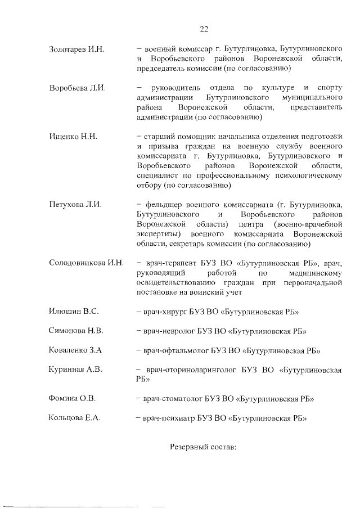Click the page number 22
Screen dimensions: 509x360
204,29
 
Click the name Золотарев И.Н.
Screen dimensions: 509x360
77,50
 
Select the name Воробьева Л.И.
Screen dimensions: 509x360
77,88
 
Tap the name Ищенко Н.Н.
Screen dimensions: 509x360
74,137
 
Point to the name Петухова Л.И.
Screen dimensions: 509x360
75,204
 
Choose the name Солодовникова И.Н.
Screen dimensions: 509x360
86,263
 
